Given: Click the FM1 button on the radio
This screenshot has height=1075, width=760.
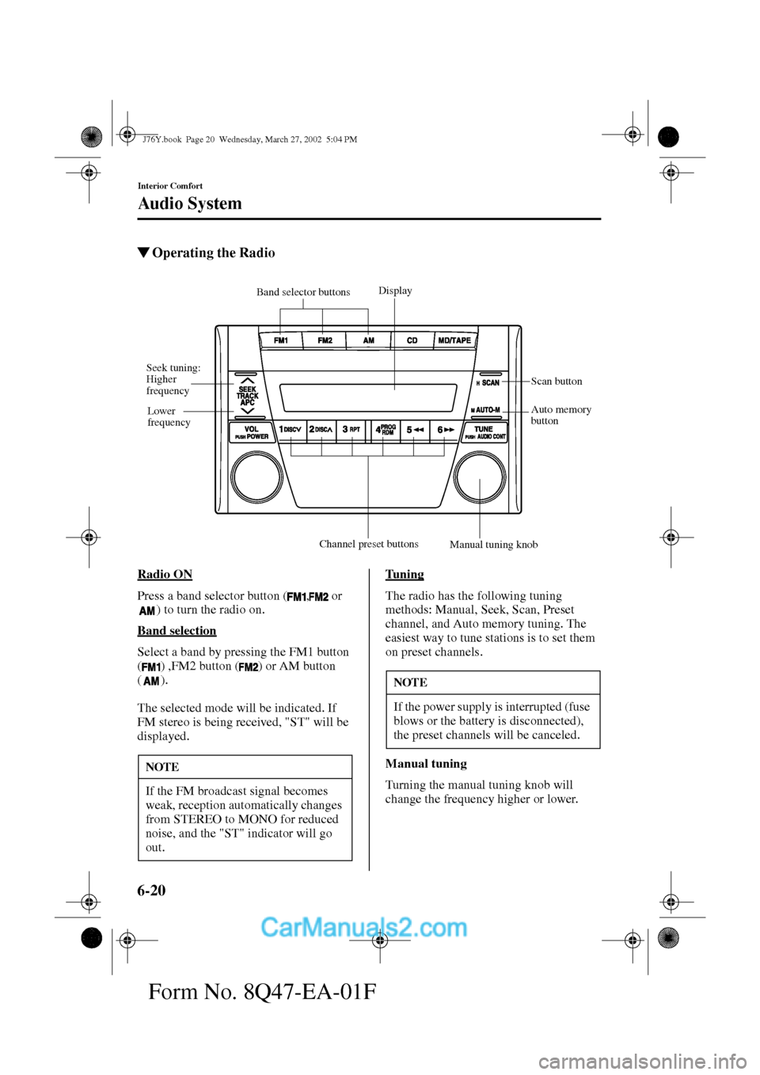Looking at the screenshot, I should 281,340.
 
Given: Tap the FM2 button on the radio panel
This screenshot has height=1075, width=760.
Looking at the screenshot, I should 325,340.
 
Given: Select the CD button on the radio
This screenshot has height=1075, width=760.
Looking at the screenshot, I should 412,340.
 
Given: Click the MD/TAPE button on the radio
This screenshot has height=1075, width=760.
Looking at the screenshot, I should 454,340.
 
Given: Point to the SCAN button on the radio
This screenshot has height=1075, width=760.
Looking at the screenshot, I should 488,382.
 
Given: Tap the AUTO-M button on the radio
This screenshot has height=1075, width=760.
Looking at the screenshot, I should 486,410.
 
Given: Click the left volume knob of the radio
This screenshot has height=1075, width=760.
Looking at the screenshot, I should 256,477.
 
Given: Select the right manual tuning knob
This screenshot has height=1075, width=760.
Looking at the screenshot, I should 480,477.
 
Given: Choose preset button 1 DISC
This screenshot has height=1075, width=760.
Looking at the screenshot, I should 291,429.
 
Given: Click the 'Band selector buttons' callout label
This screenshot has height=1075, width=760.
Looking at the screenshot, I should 303,292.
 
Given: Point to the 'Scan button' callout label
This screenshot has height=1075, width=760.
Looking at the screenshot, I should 557,382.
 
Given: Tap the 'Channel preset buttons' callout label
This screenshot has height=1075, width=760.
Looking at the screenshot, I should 369,544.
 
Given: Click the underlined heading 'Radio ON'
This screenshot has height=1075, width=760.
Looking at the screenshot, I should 165,575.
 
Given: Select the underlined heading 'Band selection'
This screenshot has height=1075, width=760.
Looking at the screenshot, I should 177,631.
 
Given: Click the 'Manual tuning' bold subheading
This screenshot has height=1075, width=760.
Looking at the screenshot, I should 426,764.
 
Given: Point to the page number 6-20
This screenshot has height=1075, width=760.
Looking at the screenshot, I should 151,891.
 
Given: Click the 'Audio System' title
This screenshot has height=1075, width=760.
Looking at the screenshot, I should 190,203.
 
